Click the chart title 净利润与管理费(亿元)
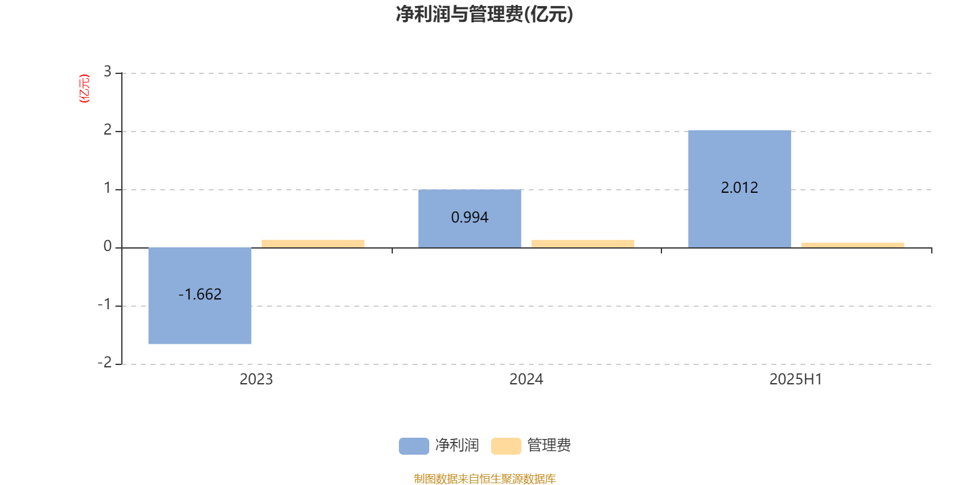[x=484, y=15]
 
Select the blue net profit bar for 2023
[x=199, y=296]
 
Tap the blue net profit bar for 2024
[x=470, y=219]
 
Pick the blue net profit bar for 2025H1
[x=740, y=189]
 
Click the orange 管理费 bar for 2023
[x=313, y=244]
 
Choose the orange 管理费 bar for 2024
[x=583, y=244]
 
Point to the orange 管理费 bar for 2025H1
[x=852, y=245]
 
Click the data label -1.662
[x=200, y=295]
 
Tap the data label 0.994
[x=470, y=218]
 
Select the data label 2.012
[x=740, y=187]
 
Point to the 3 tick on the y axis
[x=107, y=72]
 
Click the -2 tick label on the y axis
[x=105, y=363]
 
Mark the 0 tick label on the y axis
[x=107, y=246]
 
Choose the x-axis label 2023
[x=256, y=380]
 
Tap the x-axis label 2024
[x=526, y=380]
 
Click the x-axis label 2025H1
[x=796, y=380]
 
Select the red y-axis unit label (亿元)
[x=84, y=89]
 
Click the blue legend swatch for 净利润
[x=414, y=446]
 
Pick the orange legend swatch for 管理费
[x=506, y=446]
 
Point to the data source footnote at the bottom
[x=484, y=478]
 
